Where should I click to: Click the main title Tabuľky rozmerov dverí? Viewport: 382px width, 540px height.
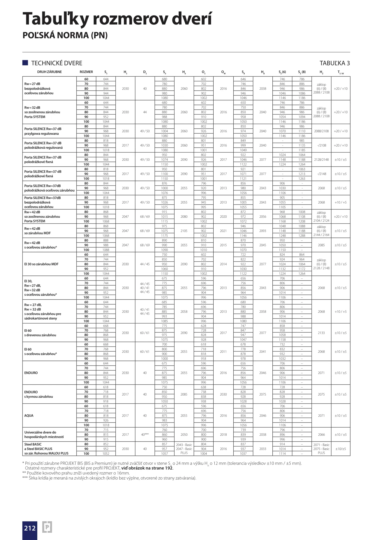117,19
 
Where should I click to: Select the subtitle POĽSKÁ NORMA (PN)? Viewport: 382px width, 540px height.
65,35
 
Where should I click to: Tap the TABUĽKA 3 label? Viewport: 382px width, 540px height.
334,63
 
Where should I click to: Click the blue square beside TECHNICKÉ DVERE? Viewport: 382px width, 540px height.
25,63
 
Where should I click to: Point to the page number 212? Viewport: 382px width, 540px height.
30,528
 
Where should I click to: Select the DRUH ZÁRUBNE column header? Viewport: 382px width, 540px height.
49,72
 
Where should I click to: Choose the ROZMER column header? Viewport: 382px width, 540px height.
86,72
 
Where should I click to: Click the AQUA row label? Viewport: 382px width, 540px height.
29,415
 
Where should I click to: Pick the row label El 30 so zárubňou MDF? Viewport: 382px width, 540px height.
41,264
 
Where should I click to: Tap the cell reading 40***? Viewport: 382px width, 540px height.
145,434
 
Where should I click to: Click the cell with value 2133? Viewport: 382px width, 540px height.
321,333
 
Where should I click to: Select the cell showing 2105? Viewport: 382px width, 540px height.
184,231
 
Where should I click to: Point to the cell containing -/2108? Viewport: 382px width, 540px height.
321,145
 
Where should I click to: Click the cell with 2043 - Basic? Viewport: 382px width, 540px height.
184,445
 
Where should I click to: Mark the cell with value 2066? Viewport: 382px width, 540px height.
321,434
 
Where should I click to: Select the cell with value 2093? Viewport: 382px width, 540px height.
263,231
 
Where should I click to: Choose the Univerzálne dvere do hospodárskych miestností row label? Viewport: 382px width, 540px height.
44,434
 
